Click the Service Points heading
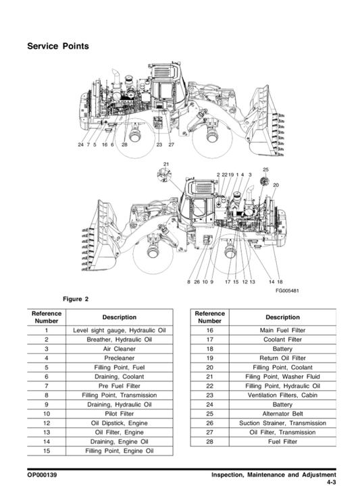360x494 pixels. click(58, 46)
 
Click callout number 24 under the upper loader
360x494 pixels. click(80, 144)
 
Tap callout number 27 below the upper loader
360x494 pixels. click(171, 144)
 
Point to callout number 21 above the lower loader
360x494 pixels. click(166, 164)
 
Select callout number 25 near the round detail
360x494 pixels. click(265, 169)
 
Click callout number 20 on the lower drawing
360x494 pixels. click(276, 185)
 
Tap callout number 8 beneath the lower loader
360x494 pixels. click(189, 282)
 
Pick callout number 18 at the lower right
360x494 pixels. click(280, 282)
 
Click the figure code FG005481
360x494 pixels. click(287, 290)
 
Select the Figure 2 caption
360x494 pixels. click(76, 299)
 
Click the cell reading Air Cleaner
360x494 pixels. click(119, 349)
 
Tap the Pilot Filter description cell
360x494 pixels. click(119, 414)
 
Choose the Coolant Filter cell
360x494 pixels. click(282, 339)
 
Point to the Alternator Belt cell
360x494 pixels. click(282, 414)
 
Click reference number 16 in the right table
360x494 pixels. click(209, 330)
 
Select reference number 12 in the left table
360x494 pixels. click(47, 422)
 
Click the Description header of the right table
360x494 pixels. click(282, 317)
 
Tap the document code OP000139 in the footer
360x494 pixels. click(43, 475)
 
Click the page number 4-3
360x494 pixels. click(332, 483)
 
